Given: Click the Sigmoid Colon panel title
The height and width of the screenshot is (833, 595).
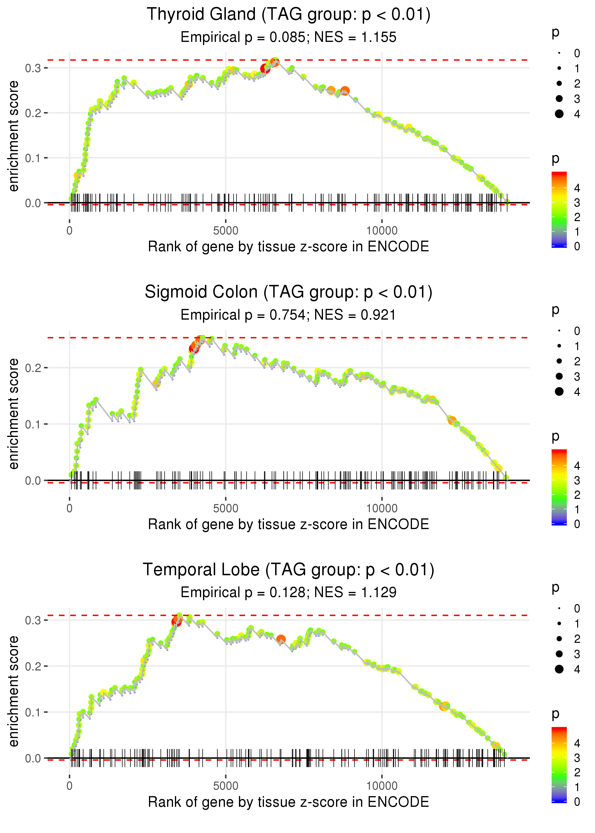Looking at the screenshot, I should pos(288,292).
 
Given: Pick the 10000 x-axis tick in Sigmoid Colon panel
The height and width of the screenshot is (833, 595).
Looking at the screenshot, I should pos(382,508).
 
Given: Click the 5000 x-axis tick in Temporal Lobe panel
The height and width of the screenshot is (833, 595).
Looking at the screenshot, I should pos(226,786).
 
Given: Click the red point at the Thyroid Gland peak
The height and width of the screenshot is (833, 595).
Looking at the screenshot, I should pos(265,69).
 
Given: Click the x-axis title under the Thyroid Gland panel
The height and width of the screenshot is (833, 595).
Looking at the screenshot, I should pos(288,247).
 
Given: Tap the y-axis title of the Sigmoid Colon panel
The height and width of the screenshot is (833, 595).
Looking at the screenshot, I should pos(14,414).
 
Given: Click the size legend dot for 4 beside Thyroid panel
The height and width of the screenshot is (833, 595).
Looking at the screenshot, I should pos(559,114).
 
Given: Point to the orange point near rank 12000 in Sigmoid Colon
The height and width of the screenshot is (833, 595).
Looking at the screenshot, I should pos(452,420).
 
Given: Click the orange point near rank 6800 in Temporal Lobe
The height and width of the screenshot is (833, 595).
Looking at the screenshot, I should pos(281,640).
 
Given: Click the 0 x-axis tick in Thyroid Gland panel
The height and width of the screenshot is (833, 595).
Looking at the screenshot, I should pos(69,231).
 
